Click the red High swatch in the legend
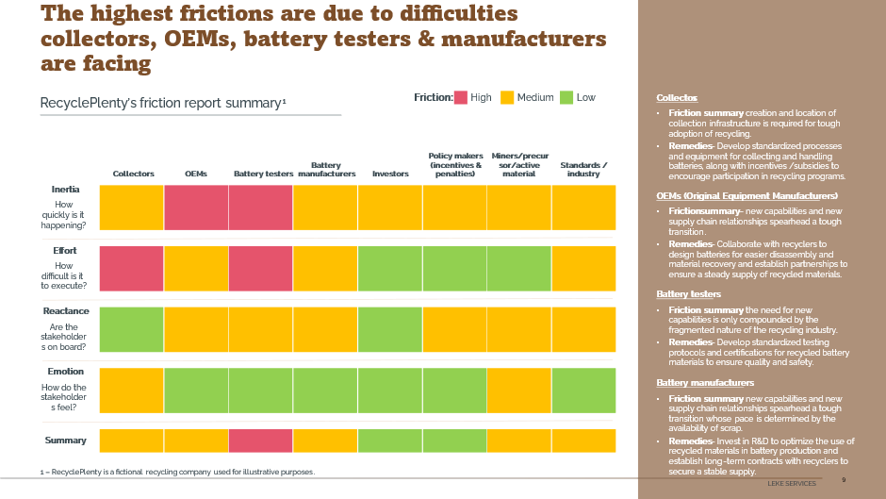coord(461,97)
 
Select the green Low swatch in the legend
coord(566,97)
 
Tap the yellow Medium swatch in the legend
coord(507,97)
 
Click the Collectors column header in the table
coord(133,174)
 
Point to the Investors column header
coord(390,174)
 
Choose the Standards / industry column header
coord(583,170)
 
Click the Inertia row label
coord(65,190)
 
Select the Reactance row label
coord(66,311)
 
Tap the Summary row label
coord(66,441)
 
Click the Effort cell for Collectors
coord(132,269)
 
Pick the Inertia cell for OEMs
coord(196,208)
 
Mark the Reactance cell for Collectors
coord(132,329)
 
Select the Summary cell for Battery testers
coord(260,441)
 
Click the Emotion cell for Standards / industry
coord(583,391)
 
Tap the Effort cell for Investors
coord(390,269)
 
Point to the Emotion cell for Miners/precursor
coord(519,391)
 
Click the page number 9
coord(844,480)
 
